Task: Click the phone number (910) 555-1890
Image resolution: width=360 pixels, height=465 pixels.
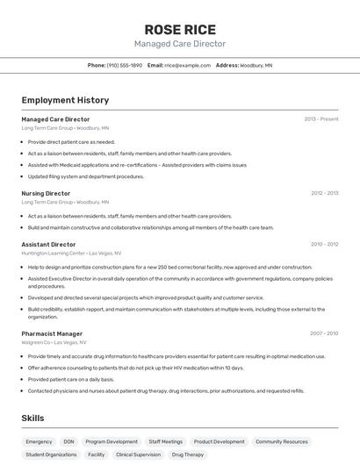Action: [125, 65]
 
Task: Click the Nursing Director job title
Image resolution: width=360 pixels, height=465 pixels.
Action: [46, 193]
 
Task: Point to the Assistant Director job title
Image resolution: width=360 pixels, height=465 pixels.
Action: [48, 245]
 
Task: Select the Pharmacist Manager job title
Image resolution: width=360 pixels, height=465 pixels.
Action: [52, 333]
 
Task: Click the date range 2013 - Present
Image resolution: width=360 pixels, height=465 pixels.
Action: [320, 119]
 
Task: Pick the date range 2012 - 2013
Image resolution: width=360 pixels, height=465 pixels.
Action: [323, 193]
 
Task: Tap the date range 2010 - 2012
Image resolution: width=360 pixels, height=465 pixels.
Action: [323, 245]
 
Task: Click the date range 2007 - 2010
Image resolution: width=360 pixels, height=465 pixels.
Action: [323, 333]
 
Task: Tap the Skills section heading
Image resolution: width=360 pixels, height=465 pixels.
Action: [32, 419]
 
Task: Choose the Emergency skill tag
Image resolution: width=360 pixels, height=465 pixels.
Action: [39, 442]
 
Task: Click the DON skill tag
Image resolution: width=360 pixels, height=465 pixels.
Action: [69, 442]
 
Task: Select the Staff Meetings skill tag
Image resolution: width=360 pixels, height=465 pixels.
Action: [166, 442]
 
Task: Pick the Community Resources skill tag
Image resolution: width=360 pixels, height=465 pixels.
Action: [282, 442]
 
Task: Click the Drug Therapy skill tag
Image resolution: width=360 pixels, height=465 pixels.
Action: [188, 455]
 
